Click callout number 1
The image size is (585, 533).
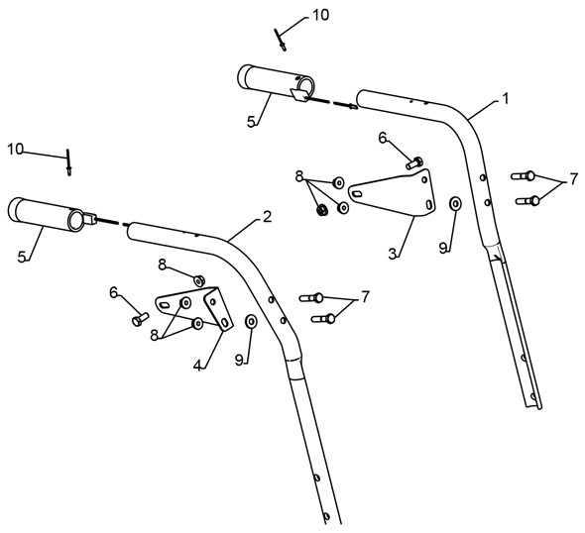(x=505, y=99)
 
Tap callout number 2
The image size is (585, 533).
(x=267, y=217)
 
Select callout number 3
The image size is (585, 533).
(x=392, y=254)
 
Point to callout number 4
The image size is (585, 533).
(x=197, y=366)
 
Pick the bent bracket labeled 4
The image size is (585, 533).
(x=209, y=306)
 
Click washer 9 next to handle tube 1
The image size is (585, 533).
(x=455, y=204)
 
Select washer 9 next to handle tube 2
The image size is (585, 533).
(x=250, y=321)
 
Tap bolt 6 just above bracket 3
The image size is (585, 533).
(x=414, y=162)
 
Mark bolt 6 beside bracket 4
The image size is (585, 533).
(x=140, y=319)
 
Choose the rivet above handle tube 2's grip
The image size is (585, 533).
(x=68, y=162)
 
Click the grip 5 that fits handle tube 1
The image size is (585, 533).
(x=276, y=83)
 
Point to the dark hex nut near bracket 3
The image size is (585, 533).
(x=321, y=210)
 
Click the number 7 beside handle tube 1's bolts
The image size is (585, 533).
(x=573, y=180)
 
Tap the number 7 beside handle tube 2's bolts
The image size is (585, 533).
(x=365, y=297)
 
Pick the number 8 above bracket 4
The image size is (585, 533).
(x=162, y=265)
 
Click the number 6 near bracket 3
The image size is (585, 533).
(x=383, y=138)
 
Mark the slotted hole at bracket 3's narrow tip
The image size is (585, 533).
(x=357, y=193)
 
